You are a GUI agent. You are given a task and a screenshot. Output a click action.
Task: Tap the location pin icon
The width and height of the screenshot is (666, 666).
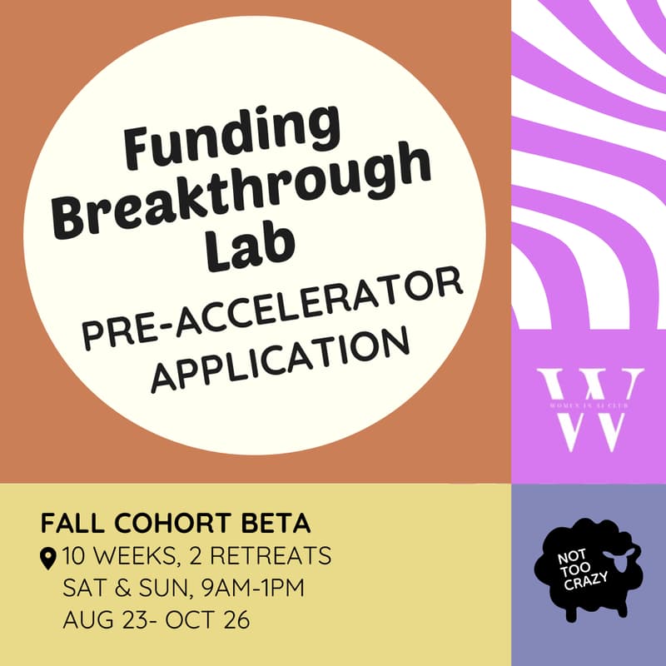point(48,556)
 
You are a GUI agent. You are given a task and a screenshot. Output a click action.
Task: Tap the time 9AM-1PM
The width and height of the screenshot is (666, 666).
point(251,588)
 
